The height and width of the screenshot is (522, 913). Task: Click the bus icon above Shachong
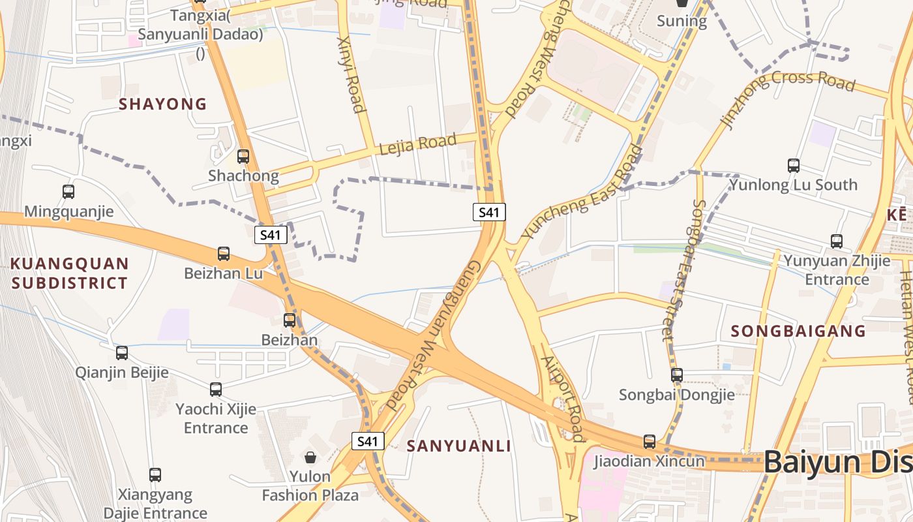pos(243,157)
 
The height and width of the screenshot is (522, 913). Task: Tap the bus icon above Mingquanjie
pos(68,192)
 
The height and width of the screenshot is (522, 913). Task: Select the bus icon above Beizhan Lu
pos(224,254)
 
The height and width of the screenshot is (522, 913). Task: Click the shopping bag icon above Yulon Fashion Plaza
pos(310,457)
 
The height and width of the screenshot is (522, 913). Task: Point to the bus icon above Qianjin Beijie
pos(122,353)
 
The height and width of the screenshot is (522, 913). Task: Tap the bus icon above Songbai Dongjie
pos(677,375)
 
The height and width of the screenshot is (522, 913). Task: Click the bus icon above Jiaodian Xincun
pos(650,442)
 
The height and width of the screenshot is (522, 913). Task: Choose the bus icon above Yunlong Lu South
pos(794,166)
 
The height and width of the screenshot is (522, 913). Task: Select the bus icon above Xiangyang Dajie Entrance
pos(155,475)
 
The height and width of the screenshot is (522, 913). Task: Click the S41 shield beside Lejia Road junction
pos(489,212)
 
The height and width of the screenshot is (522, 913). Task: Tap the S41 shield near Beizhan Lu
pos(271,235)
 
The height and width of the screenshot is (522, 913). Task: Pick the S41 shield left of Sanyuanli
pos(368,441)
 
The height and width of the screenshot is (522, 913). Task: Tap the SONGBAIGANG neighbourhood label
pos(798,331)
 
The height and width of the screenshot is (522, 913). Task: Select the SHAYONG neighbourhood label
pos(162,104)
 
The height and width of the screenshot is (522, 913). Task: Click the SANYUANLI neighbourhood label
pos(459,446)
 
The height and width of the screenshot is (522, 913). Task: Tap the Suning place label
pos(681,21)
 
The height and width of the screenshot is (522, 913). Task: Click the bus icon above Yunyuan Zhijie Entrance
pos(837,241)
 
